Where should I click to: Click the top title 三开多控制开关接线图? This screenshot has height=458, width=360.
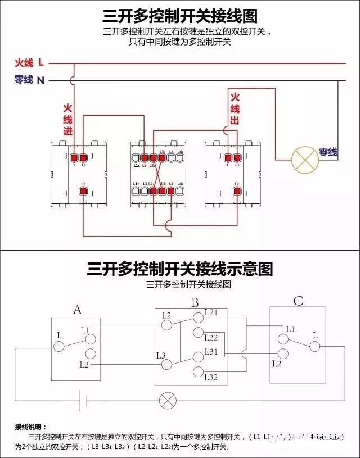tap(180, 15)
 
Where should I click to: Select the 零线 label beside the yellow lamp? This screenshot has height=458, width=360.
tap(328, 152)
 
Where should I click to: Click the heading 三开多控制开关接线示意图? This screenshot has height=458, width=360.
tap(180, 269)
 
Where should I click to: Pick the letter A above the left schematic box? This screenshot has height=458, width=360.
tap(78, 310)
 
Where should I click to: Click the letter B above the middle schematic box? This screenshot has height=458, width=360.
tap(195, 303)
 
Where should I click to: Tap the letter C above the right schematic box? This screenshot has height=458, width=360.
tap(298, 301)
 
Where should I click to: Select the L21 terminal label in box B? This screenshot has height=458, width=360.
tap(211, 311)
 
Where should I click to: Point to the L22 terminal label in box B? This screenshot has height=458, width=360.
tap(211, 338)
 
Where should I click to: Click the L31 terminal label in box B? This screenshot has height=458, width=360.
tap(211, 351)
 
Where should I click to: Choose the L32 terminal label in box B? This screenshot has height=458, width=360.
tap(211, 377)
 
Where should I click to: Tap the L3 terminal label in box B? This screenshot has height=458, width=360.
tap(160, 355)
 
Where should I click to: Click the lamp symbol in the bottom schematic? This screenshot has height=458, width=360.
tap(167, 401)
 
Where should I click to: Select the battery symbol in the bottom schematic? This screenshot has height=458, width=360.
tap(83, 401)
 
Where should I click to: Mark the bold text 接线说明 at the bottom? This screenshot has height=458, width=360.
tap(31, 427)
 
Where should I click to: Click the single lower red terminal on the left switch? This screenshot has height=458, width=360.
tap(83, 192)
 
